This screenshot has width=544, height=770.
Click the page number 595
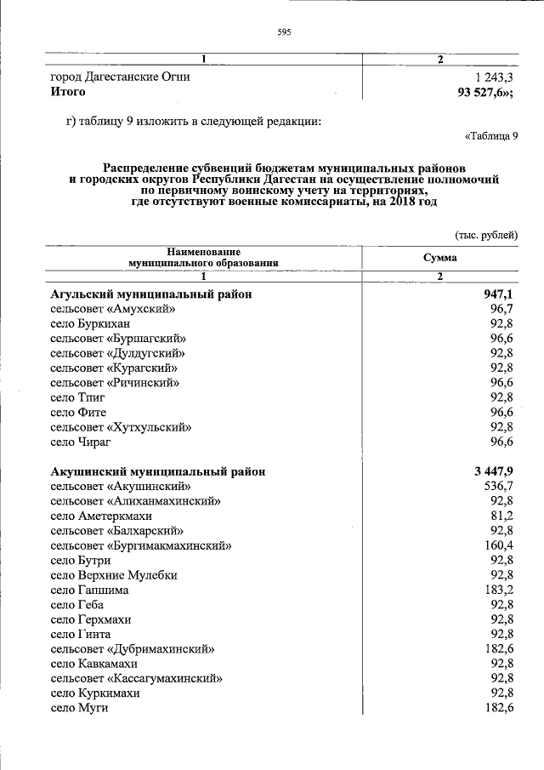tap(284, 33)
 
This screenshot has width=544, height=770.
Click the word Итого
tap(68, 92)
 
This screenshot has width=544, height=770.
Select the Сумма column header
tap(440, 258)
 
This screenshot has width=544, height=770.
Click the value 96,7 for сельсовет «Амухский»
tap(501, 308)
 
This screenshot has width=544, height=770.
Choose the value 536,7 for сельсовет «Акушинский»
tap(498, 486)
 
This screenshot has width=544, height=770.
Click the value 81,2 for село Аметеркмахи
tap(501, 516)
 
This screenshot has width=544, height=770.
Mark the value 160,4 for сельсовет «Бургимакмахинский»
tap(498, 545)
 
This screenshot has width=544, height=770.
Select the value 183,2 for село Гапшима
tap(498, 590)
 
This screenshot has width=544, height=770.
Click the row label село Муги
tap(76, 708)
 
